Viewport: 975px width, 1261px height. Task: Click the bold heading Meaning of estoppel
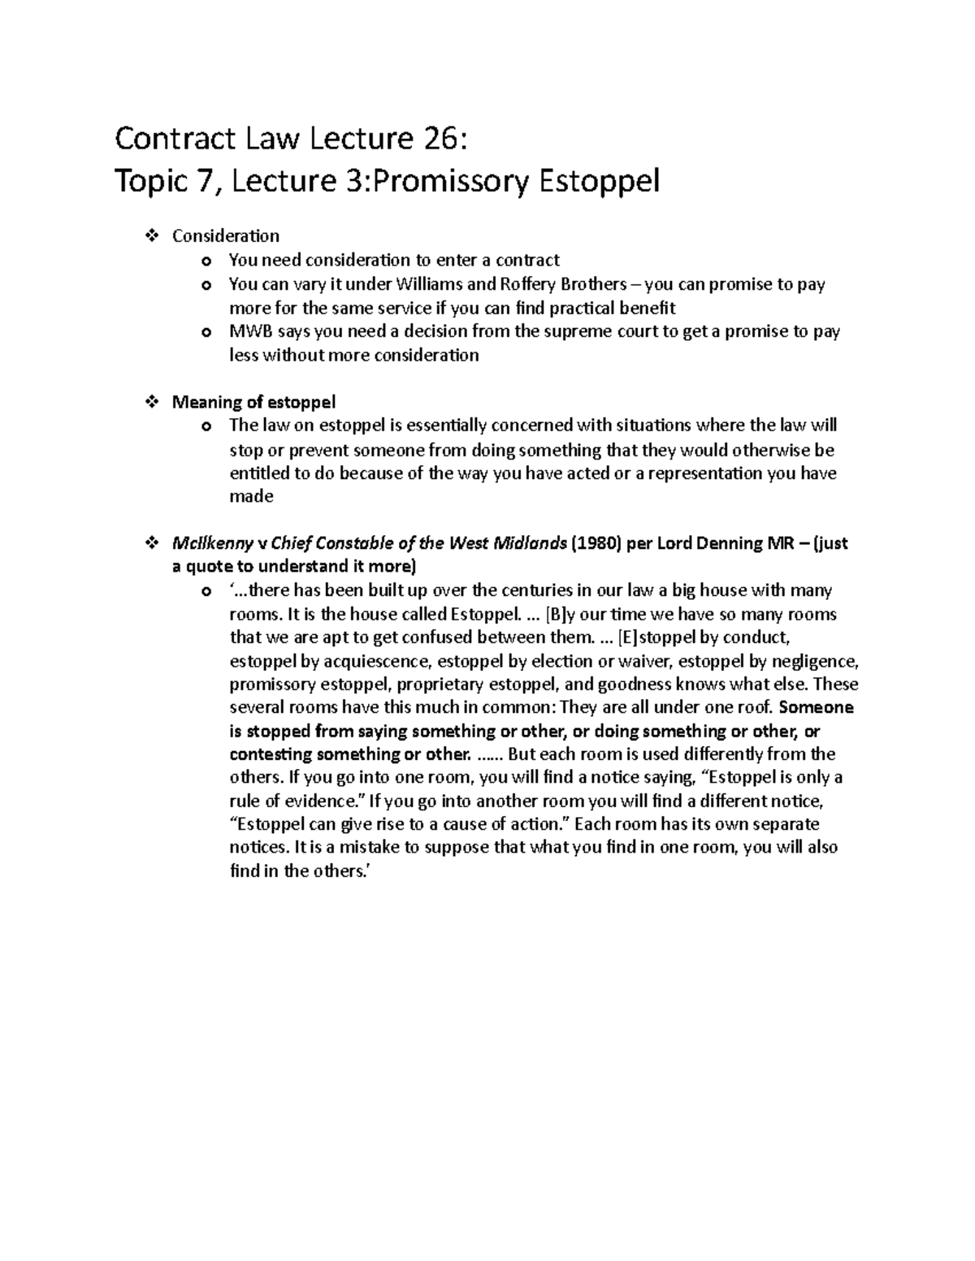(253, 402)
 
